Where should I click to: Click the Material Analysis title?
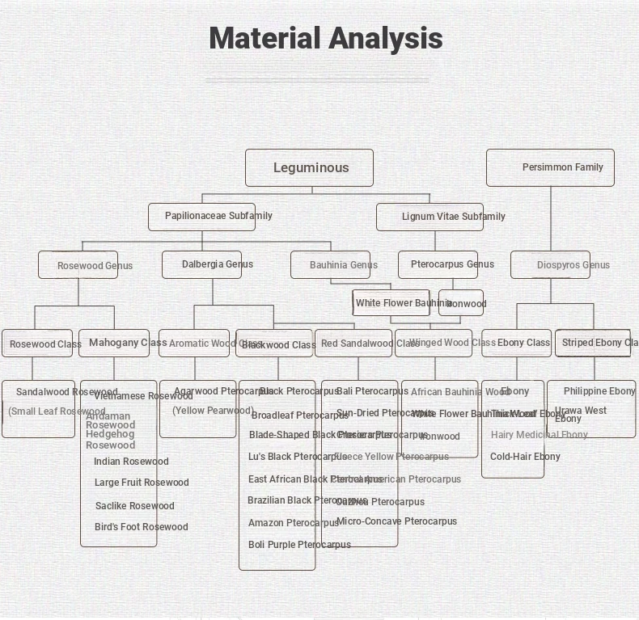pyautogui.click(x=325, y=39)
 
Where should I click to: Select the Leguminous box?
pyautogui.click(x=310, y=168)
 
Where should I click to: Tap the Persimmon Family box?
pyautogui.click(x=550, y=167)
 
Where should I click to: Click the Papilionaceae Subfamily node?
pyautogui.click(x=202, y=217)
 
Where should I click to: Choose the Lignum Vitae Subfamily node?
pyautogui.click(x=430, y=217)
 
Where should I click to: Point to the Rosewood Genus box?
pyautogui.click(x=78, y=265)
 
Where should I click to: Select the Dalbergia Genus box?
pyautogui.click(x=202, y=264)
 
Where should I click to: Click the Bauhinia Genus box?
pyautogui.click(x=331, y=265)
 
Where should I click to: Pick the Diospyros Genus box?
pyautogui.click(x=551, y=265)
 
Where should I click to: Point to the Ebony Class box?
pyautogui.click(x=517, y=343)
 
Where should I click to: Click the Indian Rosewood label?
pyautogui.click(x=131, y=462)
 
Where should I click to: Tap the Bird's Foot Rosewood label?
pyautogui.click(x=141, y=527)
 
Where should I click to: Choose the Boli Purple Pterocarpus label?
pyautogui.click(x=299, y=545)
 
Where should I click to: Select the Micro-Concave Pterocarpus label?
pyautogui.click(x=396, y=521)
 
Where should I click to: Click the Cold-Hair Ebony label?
pyautogui.click(x=525, y=457)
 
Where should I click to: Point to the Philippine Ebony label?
pyautogui.click(x=599, y=391)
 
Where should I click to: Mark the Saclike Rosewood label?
pyautogui.click(x=134, y=506)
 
